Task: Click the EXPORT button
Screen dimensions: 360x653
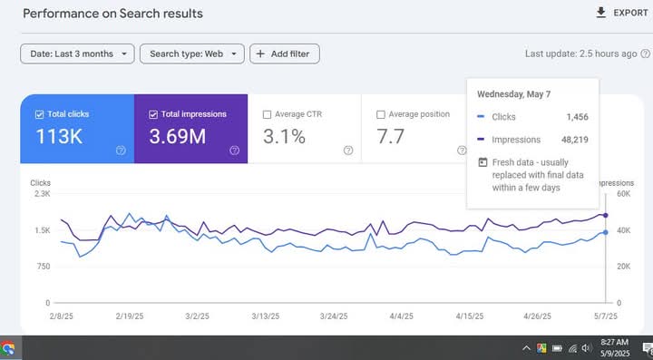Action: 621,13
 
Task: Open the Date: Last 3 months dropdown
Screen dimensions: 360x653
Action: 77,54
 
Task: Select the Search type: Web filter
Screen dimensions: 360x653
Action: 192,54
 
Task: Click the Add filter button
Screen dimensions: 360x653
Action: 284,54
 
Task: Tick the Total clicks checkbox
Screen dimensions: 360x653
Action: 39,114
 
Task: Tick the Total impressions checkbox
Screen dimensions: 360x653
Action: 153,114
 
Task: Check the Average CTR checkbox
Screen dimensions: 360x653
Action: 267,114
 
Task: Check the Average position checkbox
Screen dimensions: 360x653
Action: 381,114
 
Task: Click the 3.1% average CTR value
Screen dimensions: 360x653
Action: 284,138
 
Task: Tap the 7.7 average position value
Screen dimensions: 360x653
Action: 392,138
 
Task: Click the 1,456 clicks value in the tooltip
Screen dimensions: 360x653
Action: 578,117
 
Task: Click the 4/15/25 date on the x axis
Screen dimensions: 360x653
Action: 466,317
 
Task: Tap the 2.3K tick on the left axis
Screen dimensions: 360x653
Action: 42,194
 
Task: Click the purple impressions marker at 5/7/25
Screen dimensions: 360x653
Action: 606,216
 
